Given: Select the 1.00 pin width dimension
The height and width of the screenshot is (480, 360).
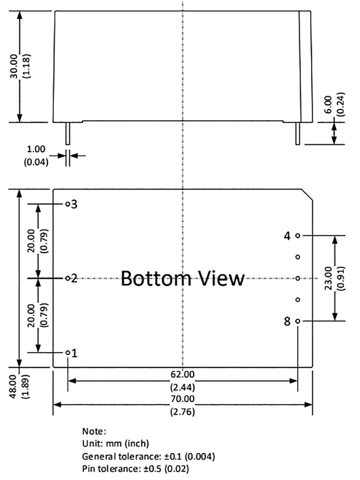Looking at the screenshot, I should click(x=37, y=150).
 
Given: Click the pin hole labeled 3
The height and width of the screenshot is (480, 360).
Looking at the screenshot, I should click(x=67, y=204).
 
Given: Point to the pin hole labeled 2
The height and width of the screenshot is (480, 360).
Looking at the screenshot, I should click(x=67, y=278).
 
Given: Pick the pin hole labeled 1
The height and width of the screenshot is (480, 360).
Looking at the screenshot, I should click(x=68, y=352).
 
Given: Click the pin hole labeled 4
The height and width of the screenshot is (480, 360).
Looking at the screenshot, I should click(x=298, y=235).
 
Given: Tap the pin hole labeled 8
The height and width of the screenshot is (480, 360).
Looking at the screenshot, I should click(x=298, y=321).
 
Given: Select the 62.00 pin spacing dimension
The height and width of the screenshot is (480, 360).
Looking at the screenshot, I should click(x=183, y=374).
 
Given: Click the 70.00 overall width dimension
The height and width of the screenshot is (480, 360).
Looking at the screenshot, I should click(x=183, y=399).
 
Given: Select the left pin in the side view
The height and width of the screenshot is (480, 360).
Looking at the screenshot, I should click(x=67, y=133).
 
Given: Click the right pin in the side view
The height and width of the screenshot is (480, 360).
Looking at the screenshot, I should click(x=297, y=133).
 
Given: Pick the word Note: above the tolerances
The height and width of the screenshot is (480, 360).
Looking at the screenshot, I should click(x=94, y=431).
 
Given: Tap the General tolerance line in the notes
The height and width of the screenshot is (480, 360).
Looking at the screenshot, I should click(x=149, y=456).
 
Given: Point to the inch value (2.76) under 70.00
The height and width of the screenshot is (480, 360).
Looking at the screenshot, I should click(x=183, y=412).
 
